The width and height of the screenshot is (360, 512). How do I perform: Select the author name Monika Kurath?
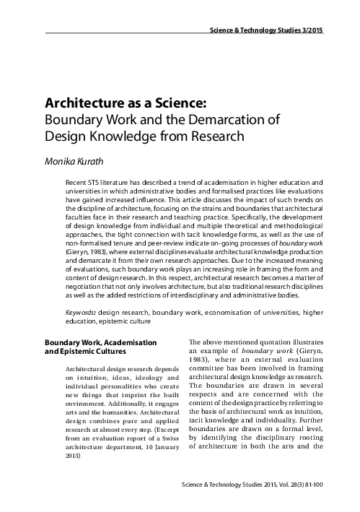(x=82, y=160)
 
